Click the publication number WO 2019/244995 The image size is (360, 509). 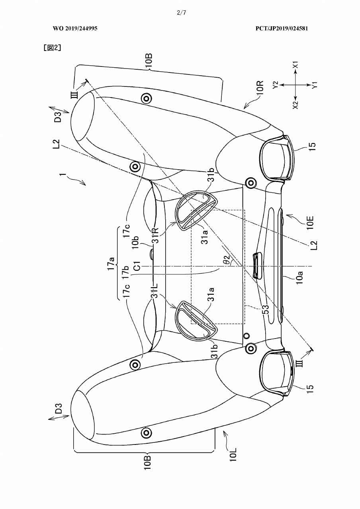coord(75,28)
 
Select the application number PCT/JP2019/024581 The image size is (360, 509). coord(282,28)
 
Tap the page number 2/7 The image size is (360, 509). coord(181,13)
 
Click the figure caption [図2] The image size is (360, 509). coord(52,48)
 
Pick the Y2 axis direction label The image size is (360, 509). coord(276,85)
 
